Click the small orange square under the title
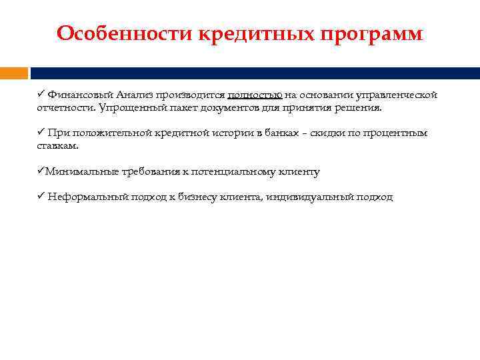pyautogui.click(x=14, y=73)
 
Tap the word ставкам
pyautogui.click(x=57, y=145)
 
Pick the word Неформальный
pyautogui.click(x=83, y=197)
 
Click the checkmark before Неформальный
pyautogui.click(x=41, y=197)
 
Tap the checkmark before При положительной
pyautogui.click(x=41, y=133)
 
